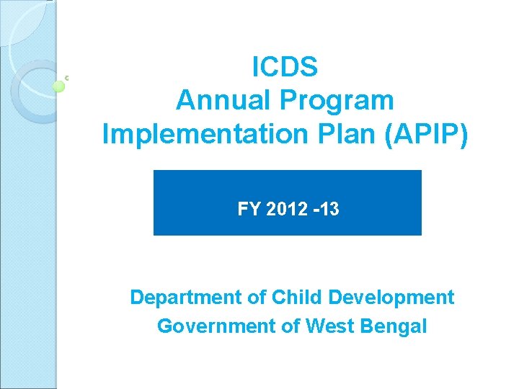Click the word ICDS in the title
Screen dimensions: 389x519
pyautogui.click(x=285, y=68)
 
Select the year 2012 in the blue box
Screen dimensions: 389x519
pyautogui.click(x=280, y=210)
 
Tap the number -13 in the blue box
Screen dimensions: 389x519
pyautogui.click(x=321, y=210)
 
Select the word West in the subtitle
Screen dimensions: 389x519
pyautogui.click(x=329, y=326)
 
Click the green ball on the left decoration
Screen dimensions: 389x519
pyautogui.click(x=59, y=86)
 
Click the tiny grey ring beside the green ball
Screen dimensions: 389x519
pyautogui.click(x=66, y=78)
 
